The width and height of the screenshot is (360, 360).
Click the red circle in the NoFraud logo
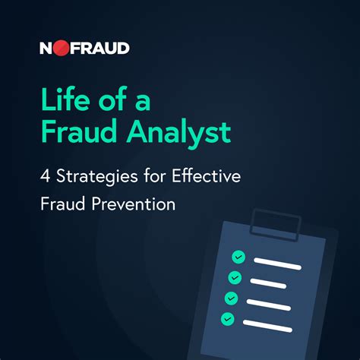[61, 48]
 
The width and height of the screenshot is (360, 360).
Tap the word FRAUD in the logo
[99, 48]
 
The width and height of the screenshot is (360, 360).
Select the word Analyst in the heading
[178, 132]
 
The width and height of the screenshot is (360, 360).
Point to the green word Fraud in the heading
[79, 131]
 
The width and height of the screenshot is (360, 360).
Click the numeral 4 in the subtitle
[45, 176]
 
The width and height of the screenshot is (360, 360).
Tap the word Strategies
[97, 177]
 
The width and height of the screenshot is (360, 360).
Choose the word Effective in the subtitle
[207, 175]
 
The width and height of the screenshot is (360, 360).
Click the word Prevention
[134, 204]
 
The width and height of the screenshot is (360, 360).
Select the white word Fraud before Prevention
[63, 204]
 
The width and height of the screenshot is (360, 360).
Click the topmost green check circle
[238, 257]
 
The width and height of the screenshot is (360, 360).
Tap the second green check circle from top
[235, 277]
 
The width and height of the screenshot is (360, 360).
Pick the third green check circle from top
[231, 298]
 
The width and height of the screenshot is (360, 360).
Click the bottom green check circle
[228, 318]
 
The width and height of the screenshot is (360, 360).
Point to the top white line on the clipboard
[277, 264]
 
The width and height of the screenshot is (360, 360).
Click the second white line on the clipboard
[268, 283]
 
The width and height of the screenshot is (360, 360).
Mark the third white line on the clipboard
[269, 305]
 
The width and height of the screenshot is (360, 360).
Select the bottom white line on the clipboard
[267, 326]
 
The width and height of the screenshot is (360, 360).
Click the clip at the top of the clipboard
[275, 225]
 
